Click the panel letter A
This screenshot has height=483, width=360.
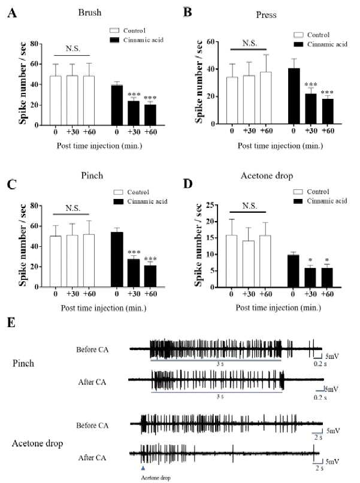(12, 13)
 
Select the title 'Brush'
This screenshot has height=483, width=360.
(90, 13)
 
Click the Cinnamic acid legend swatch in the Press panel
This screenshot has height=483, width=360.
(298, 44)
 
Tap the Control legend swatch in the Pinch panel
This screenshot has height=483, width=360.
(118, 192)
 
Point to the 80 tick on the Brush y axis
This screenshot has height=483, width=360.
(34, 44)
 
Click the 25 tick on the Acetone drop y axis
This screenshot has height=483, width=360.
(210, 205)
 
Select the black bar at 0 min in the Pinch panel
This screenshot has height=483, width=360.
(117, 259)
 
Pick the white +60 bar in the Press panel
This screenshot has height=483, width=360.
(266, 98)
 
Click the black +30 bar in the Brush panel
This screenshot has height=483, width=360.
(134, 113)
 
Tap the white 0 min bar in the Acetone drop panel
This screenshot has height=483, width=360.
(231, 261)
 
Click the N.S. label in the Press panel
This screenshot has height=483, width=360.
(249, 43)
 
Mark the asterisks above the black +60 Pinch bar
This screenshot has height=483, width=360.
(150, 258)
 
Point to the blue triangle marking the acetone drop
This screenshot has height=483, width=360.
(143, 468)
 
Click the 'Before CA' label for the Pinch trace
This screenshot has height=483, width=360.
(92, 349)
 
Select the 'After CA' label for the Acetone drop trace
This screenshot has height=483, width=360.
(92, 458)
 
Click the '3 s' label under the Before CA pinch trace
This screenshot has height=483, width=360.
(220, 364)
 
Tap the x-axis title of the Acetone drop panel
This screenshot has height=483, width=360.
(279, 308)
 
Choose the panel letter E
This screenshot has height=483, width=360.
(11, 322)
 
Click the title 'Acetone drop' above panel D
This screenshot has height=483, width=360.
(267, 176)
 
